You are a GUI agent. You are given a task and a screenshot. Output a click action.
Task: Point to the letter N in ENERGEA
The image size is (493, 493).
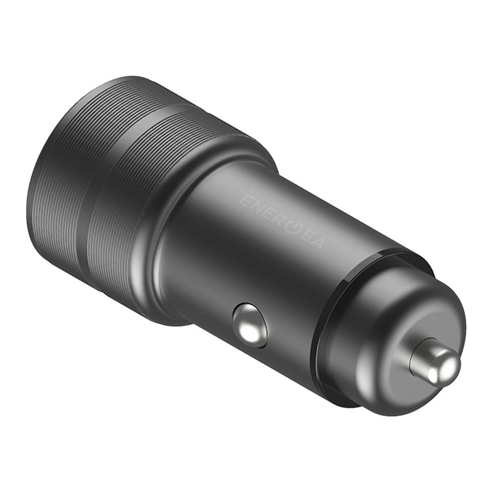(257, 206)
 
